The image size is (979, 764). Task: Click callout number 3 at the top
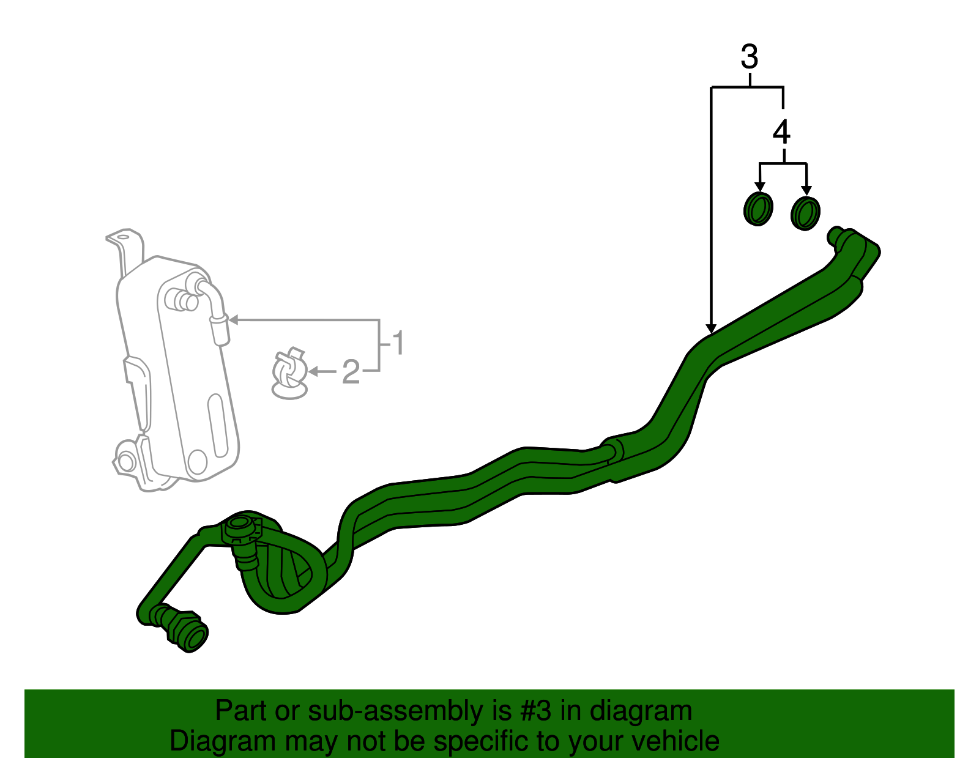[750, 57]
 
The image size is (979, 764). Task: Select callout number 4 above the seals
[781, 132]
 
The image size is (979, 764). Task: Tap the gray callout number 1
[398, 343]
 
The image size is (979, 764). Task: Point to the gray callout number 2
[351, 371]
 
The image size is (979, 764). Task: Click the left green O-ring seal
[758, 209]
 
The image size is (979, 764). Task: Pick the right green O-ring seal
[806, 213]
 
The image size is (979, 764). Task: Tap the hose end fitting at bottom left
[182, 628]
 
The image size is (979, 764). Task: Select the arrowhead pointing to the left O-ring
[760, 187]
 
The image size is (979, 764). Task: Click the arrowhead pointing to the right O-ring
[807, 190]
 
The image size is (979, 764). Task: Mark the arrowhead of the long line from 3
[711, 328]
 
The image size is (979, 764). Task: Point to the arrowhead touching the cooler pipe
[233, 320]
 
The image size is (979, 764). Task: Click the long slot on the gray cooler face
[217, 426]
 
